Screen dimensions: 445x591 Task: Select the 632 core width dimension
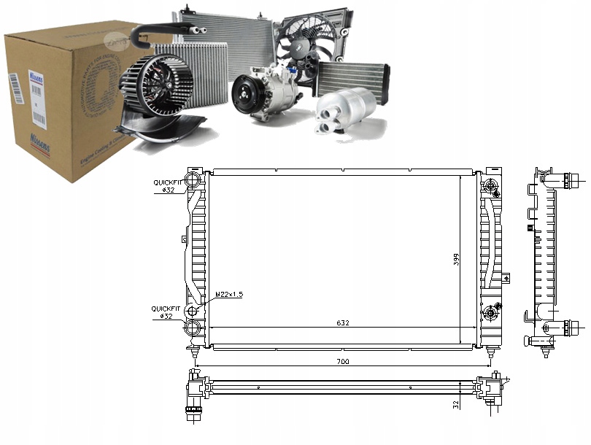coord(342,323)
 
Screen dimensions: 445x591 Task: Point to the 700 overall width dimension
coord(342,361)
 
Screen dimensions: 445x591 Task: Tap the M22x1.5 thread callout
coord(228,295)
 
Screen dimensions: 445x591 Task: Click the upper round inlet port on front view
coord(194,180)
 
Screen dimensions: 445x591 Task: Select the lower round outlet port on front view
coord(194,312)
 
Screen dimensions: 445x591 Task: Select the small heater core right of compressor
coord(353,77)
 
